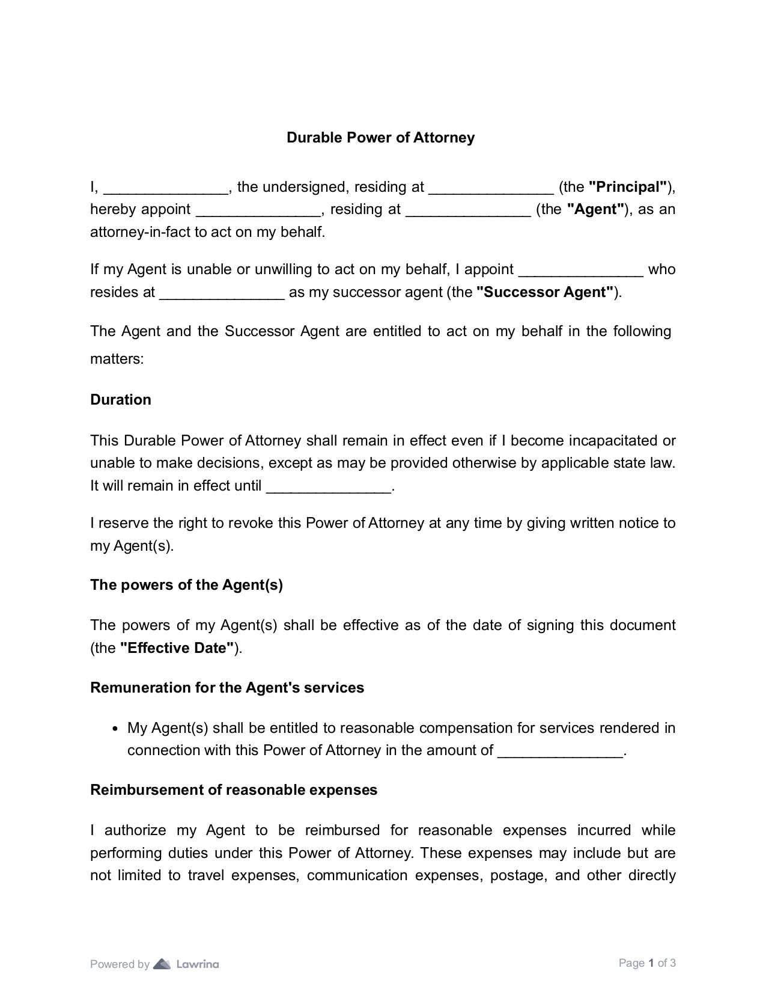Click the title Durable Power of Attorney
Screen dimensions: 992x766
tap(380, 138)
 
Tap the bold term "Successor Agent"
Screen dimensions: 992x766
tap(545, 292)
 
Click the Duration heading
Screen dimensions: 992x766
tap(121, 400)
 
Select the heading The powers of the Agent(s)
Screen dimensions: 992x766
tap(186, 585)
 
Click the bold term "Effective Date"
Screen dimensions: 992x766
tap(177, 648)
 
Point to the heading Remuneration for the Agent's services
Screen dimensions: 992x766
tap(227, 688)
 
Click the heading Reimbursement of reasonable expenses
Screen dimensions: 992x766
tap(234, 790)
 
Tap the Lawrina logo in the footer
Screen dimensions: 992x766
tap(186, 964)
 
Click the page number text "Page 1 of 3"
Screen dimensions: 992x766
tap(647, 963)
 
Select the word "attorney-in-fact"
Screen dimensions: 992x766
tap(140, 232)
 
